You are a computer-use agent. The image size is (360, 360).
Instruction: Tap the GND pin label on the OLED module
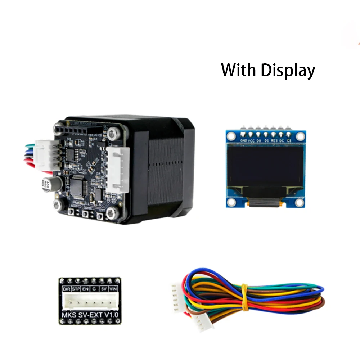pos(243,141)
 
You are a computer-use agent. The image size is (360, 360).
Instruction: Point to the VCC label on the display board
pos(252,141)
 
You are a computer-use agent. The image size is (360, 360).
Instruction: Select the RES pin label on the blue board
pos(274,141)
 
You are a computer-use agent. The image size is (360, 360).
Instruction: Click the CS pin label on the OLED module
pos(289,141)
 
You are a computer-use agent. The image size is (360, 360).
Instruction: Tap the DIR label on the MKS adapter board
pos(66,289)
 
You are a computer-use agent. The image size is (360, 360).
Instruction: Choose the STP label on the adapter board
pos(76,289)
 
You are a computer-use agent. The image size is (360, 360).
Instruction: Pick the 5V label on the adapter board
pos(104,289)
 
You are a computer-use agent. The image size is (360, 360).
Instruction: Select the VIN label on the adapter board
pos(113,289)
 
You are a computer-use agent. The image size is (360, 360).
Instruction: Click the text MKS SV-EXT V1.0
pos(90,315)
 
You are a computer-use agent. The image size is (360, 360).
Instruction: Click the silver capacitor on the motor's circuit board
pos(48,183)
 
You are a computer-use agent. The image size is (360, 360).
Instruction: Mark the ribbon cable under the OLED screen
pos(266,202)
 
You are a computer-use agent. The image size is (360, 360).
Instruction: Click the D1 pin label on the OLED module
pos(267,141)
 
